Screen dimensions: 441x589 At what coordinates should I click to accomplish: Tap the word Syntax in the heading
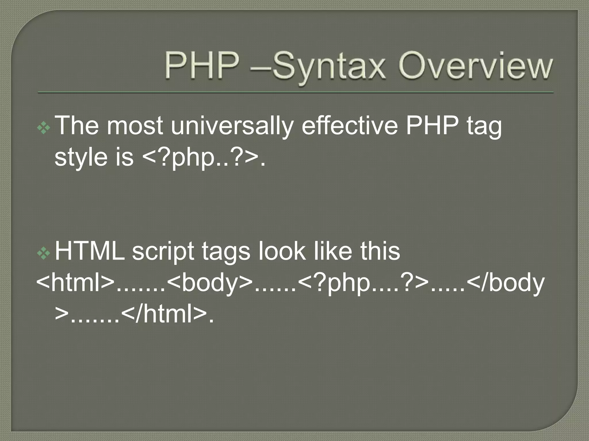tap(329, 67)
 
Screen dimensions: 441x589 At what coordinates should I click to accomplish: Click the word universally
tap(232, 126)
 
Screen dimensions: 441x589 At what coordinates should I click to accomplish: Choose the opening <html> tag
tap(75, 283)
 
